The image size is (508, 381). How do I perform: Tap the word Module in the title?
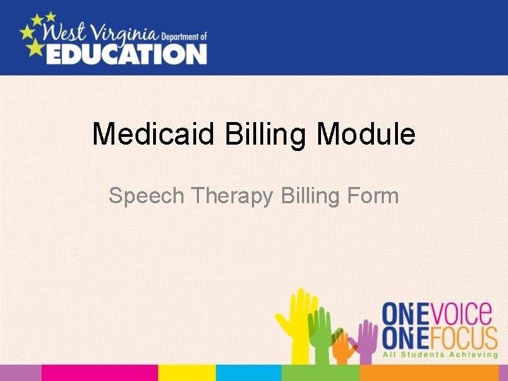tap(366, 134)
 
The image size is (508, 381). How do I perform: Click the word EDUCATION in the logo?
tap(126, 53)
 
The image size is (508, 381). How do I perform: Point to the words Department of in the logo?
tap(183, 36)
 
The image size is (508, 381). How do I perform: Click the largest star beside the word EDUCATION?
tap(33, 47)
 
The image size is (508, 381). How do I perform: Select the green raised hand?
tap(320, 335)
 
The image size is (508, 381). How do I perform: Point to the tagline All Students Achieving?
tap(440, 354)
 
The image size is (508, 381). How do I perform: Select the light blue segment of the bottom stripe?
tap(248, 373)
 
